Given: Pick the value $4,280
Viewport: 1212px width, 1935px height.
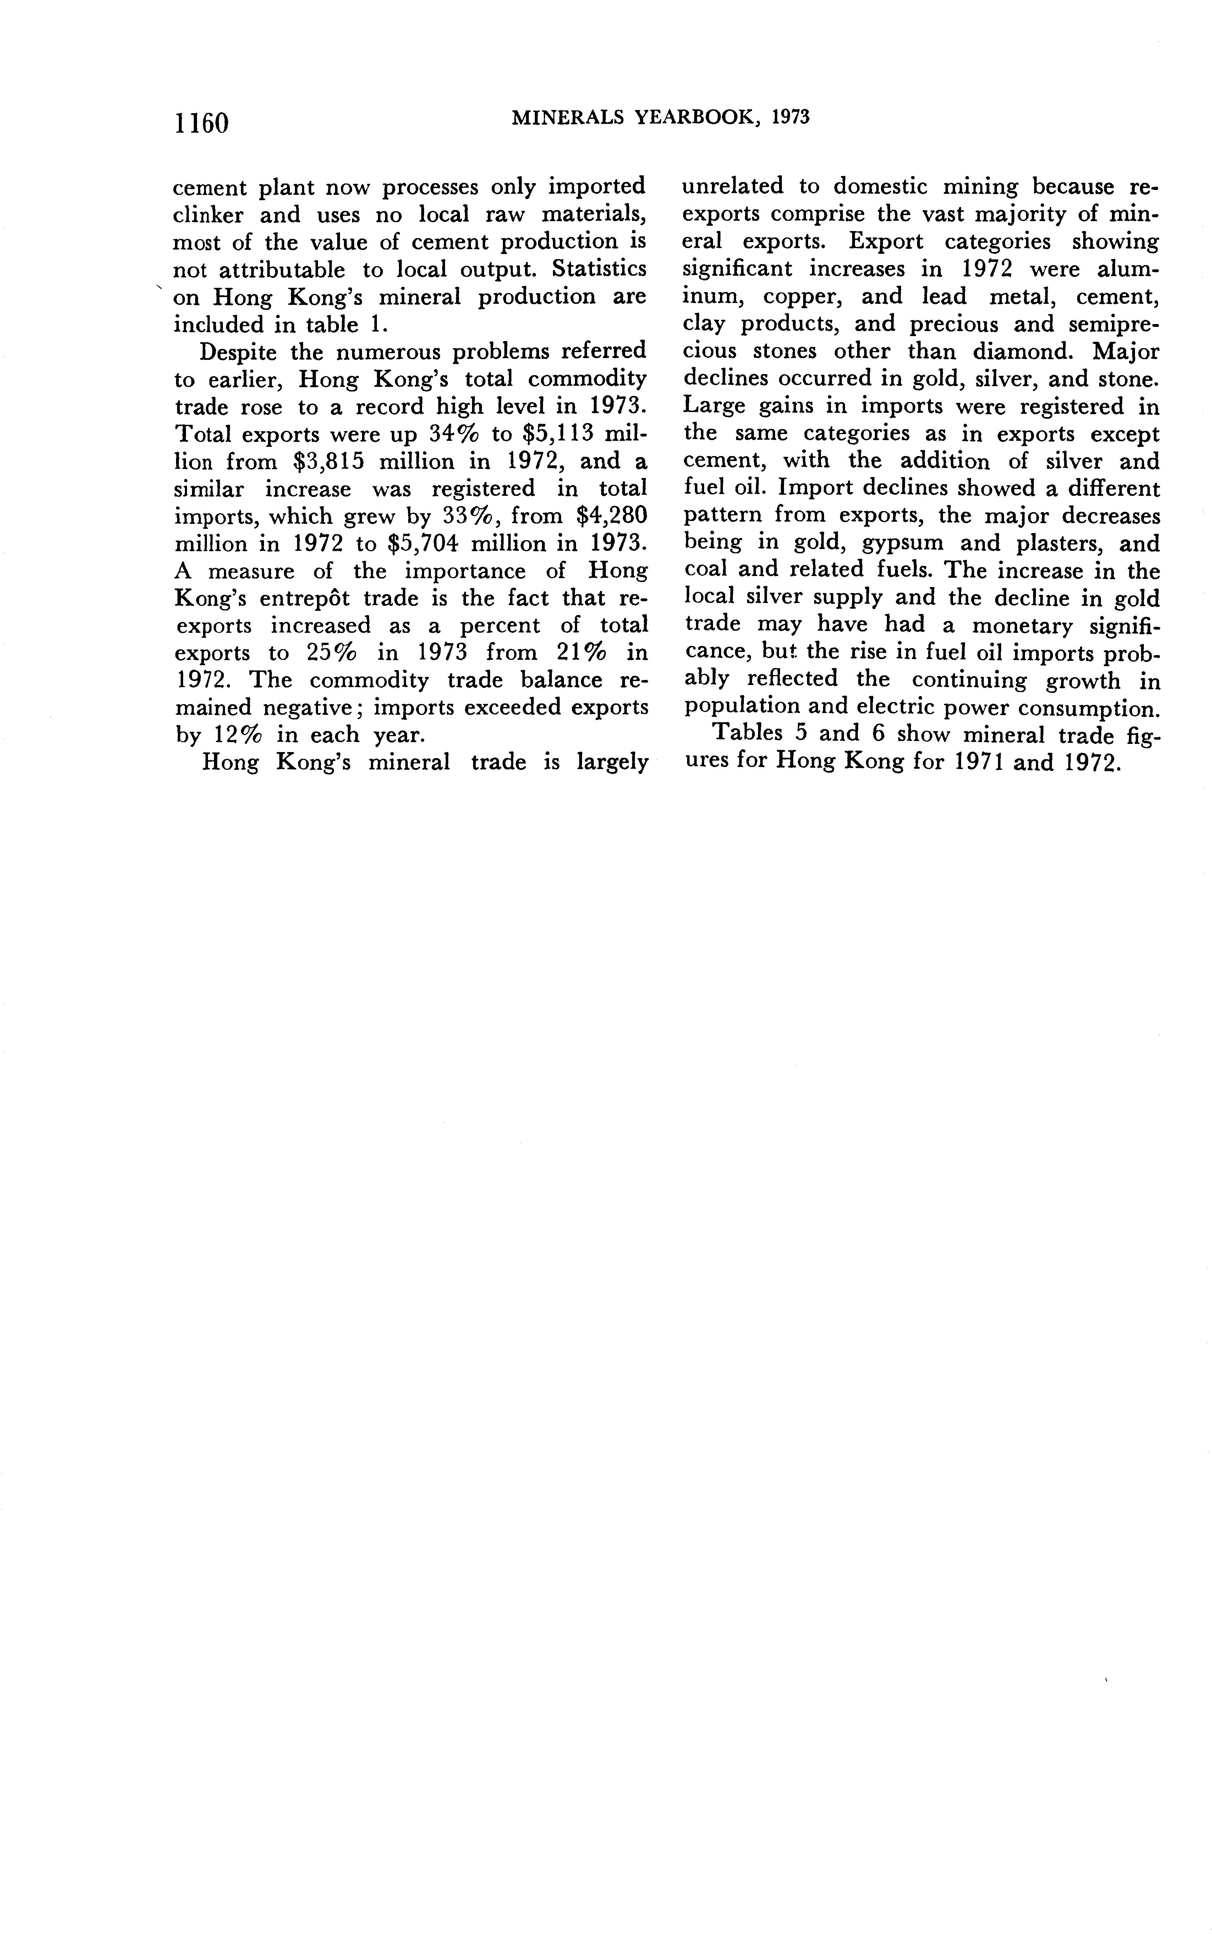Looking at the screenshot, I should [611, 516].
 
